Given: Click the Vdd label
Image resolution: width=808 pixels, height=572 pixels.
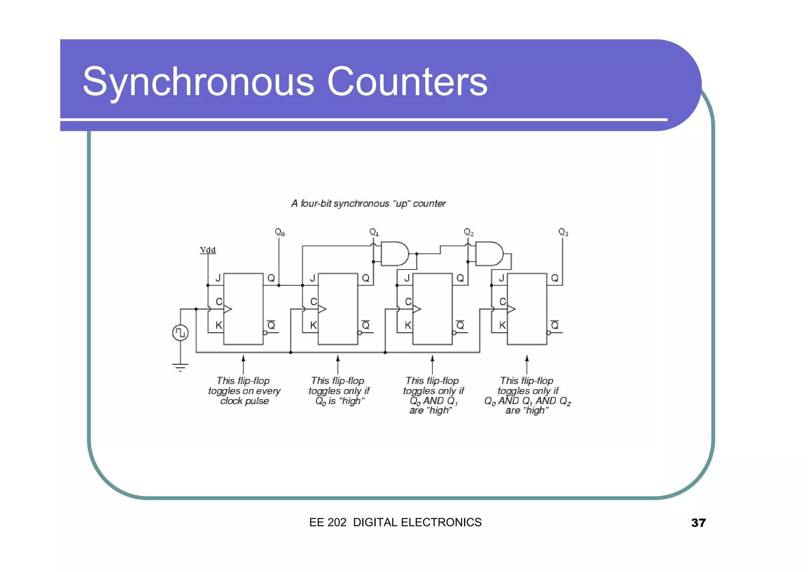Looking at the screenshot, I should (208, 250).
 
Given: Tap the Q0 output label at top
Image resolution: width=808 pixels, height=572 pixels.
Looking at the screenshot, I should (279, 232).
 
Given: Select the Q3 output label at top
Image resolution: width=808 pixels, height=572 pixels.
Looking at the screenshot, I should (563, 232).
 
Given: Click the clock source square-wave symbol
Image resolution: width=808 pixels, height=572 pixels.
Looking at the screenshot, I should (180, 333).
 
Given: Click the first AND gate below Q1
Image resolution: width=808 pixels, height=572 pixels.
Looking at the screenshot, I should (395, 254).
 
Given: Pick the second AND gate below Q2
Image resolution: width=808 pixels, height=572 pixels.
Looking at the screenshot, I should (489, 254).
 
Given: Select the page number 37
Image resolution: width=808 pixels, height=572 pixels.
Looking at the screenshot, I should (698, 523).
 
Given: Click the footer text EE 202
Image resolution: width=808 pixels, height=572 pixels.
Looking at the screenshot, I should (327, 522).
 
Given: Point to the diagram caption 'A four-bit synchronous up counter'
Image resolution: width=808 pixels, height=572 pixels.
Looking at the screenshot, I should (368, 203).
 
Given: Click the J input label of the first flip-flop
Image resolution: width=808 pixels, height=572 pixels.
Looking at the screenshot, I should (218, 278).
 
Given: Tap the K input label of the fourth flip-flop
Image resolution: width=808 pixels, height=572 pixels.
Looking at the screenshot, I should (502, 325).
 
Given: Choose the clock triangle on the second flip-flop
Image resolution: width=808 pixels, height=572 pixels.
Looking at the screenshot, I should (322, 309).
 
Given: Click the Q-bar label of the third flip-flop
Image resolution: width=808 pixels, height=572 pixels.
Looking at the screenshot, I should (460, 325).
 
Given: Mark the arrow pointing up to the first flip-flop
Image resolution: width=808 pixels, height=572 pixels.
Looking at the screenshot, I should (243, 363).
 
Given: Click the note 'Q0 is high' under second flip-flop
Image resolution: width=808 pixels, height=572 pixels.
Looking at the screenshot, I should (339, 401).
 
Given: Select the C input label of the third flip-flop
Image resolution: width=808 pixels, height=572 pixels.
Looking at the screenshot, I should (408, 302).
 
